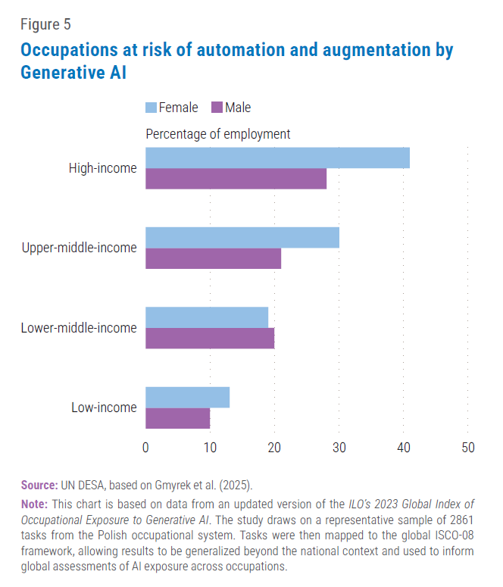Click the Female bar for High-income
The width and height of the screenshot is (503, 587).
277,158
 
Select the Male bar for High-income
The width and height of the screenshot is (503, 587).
236,179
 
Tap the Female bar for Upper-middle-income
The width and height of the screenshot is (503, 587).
242,237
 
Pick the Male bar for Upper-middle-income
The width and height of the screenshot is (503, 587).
213,258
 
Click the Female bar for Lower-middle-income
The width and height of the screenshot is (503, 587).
207,317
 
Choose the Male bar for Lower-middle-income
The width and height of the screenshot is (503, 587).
210,339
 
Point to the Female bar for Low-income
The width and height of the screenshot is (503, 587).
187,397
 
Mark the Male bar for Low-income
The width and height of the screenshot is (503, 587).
177,418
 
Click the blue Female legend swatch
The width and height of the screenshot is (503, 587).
150,108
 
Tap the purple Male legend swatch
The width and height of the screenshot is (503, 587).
216,108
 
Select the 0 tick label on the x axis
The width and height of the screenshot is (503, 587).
145,447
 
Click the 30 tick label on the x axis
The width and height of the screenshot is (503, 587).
339,447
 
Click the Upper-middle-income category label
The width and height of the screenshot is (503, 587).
80,248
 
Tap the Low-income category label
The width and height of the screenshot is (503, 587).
104,407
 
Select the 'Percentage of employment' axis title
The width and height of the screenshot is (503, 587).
217,134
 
